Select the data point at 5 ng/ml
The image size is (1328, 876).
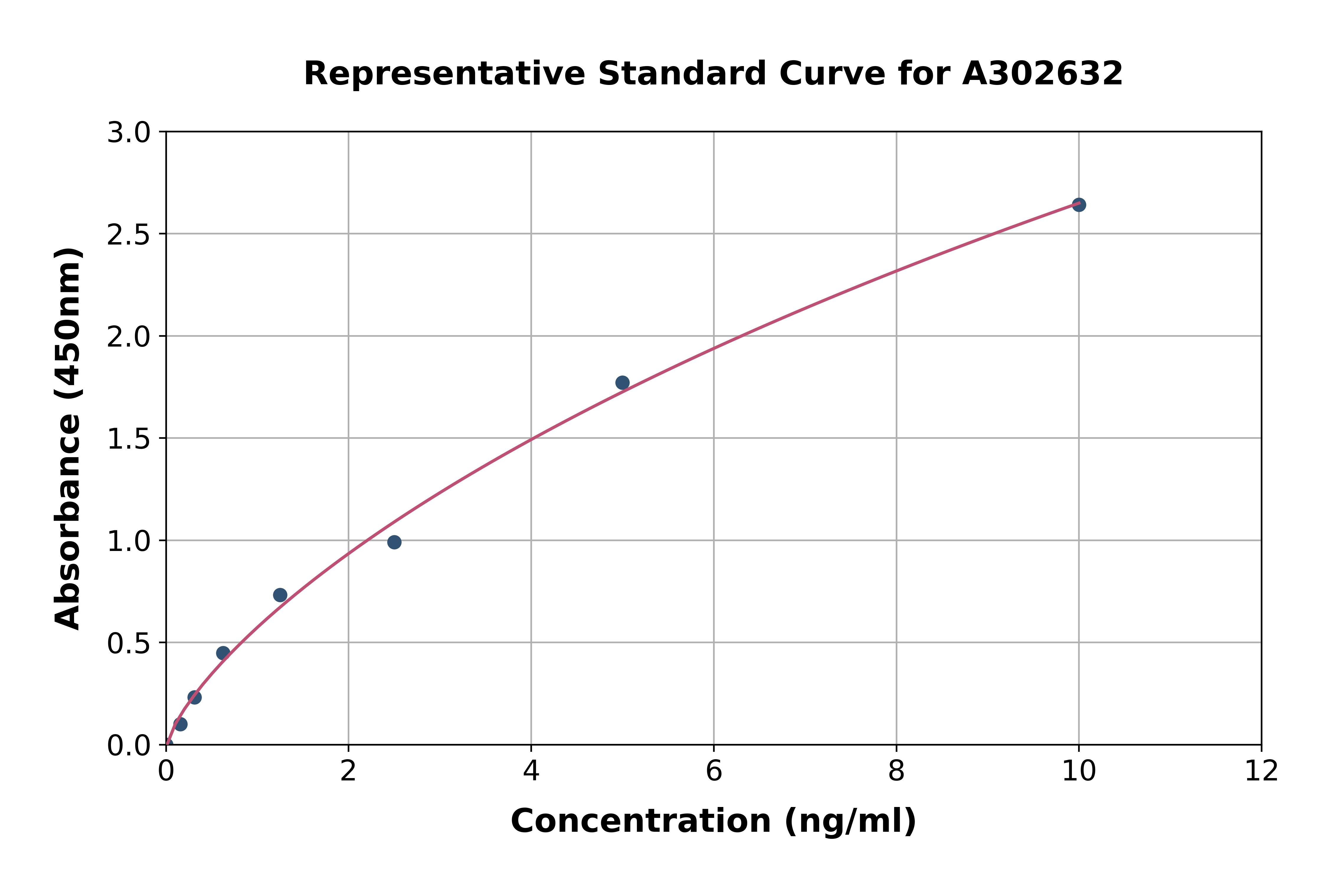[622, 383]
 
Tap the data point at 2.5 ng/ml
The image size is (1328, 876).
[394, 542]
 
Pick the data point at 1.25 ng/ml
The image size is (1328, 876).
[280, 595]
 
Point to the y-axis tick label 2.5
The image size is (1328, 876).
[129, 235]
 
